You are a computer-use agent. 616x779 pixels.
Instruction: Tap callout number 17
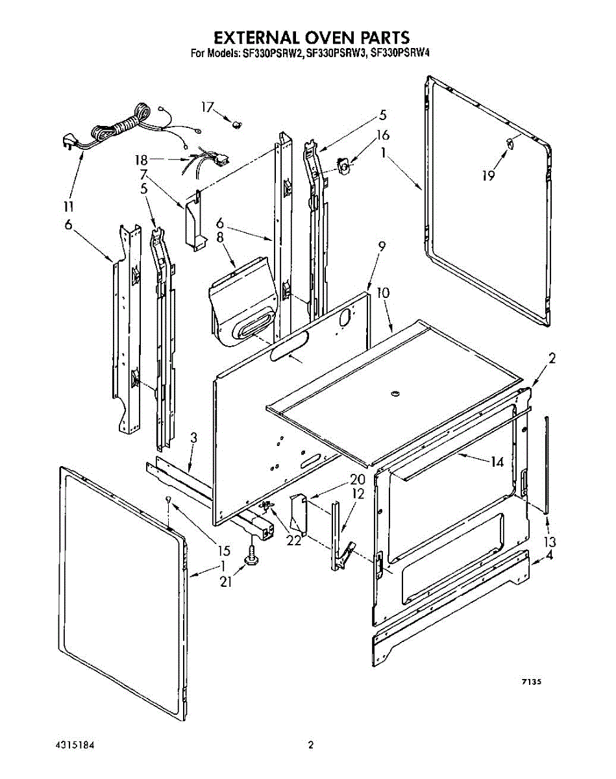(207, 107)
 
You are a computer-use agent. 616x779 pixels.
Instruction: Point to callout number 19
(488, 175)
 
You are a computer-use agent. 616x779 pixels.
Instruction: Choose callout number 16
(383, 135)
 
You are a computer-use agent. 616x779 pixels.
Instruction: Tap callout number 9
(382, 246)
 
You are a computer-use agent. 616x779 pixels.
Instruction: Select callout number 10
(384, 293)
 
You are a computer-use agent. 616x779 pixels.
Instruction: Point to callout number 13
(550, 541)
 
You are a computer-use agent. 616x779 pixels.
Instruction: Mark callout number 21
(225, 582)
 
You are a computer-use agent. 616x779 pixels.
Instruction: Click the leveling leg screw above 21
(251, 556)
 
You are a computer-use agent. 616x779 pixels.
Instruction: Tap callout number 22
(294, 540)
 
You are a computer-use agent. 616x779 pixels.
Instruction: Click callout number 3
(193, 439)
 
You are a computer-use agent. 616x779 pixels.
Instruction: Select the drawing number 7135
(530, 682)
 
